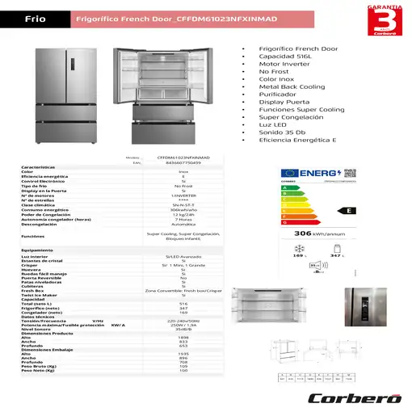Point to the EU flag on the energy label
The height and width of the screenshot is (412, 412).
(288, 173)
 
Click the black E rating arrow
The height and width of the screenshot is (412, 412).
(347, 210)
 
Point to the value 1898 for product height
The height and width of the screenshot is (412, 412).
(183, 339)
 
